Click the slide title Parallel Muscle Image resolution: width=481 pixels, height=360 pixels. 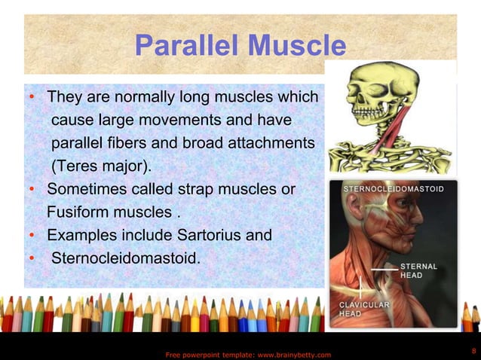click(x=240, y=47)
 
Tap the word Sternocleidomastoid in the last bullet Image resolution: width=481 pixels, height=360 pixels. click(x=126, y=258)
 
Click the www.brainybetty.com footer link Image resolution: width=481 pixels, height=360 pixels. click(x=290, y=354)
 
